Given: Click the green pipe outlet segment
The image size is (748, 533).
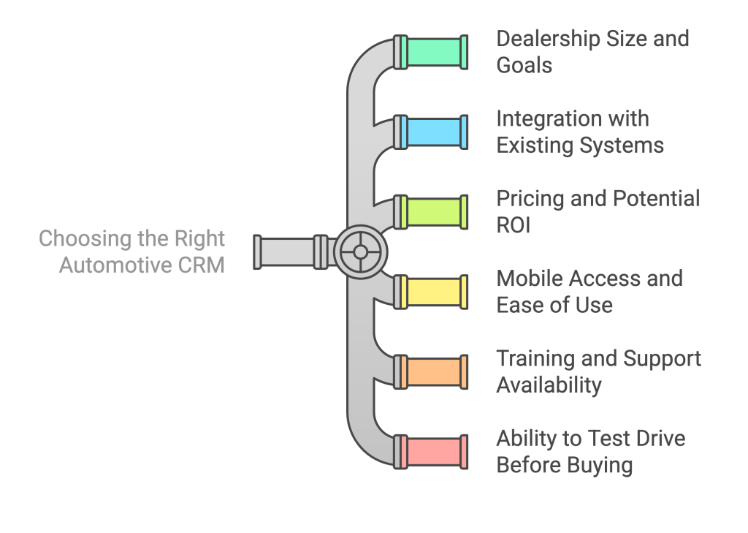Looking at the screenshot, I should click(x=434, y=52).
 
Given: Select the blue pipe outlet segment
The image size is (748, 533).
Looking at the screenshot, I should click(x=434, y=132).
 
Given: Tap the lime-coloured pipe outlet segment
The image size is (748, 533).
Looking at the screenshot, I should click(x=434, y=212).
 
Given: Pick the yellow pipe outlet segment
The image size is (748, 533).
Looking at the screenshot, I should click(x=434, y=292).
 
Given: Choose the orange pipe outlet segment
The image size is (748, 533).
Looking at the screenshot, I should click(x=434, y=371).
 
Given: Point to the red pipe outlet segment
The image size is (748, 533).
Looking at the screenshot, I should click(x=434, y=451).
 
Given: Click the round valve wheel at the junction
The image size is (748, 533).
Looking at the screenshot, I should click(x=360, y=252).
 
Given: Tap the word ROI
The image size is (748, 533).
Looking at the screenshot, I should click(x=514, y=224).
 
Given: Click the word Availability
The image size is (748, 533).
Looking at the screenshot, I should click(x=549, y=385).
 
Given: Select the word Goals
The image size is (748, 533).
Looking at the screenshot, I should click(x=524, y=65).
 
